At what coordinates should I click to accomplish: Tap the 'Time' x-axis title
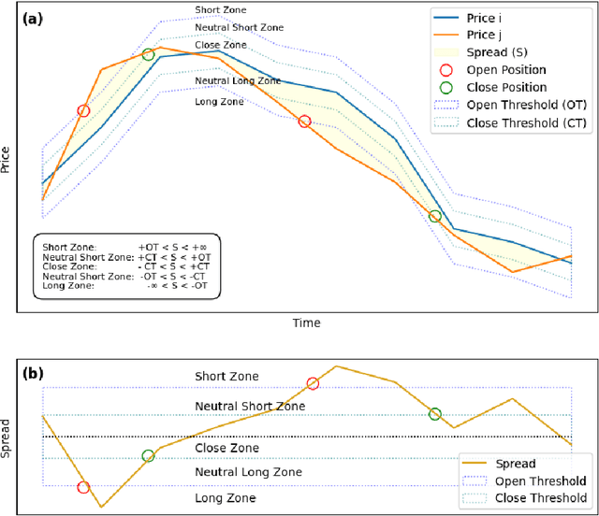coord(305,323)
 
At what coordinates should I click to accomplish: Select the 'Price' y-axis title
coord(7,159)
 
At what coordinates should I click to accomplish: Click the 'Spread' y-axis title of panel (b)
coord(7,437)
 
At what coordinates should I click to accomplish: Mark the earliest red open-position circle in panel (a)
coord(83,111)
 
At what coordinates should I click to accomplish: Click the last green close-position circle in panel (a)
coord(434,217)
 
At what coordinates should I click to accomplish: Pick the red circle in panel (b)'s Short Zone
coord(313,383)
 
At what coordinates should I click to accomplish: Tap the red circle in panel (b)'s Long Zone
coord(83,487)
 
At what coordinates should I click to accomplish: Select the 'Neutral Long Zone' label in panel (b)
coord(248,473)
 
